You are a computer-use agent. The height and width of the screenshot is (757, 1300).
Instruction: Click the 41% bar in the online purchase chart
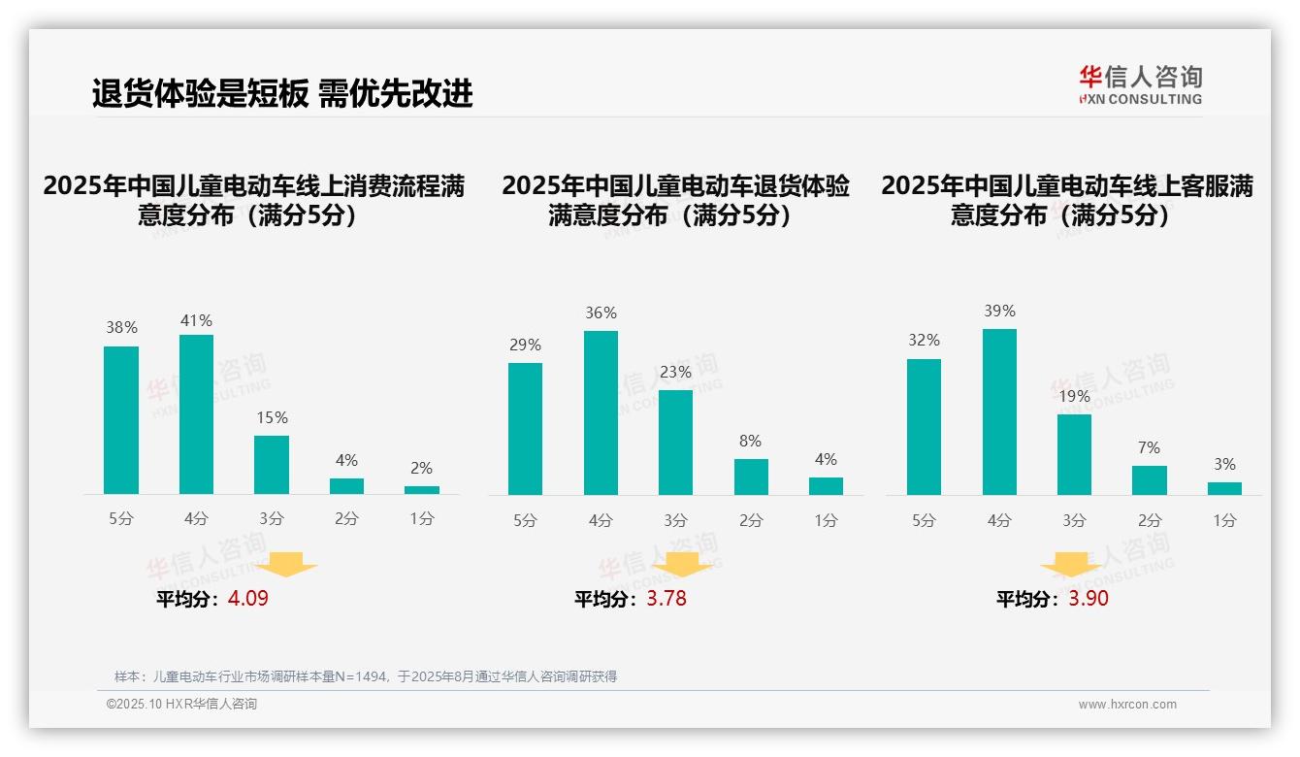[x=196, y=414]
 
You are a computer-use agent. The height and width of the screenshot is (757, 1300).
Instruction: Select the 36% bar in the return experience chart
[x=601, y=412]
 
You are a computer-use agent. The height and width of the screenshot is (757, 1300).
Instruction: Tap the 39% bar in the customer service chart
[x=999, y=411]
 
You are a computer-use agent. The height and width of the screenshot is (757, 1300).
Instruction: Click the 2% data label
[x=421, y=468]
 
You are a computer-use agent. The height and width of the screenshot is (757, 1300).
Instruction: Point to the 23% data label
[x=675, y=372]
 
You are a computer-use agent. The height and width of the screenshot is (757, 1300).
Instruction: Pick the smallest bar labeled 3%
[x=1224, y=488]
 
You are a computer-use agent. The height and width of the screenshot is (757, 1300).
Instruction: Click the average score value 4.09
[x=247, y=599]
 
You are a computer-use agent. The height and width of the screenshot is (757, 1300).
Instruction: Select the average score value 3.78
[x=666, y=599]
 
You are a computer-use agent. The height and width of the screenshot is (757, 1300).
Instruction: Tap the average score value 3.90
[x=1089, y=599]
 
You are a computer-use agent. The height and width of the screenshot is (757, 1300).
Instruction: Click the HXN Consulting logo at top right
[x=1140, y=84]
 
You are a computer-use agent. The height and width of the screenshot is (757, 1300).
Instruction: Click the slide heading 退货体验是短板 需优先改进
[x=282, y=93]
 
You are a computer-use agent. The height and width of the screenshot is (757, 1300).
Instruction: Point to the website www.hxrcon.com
[x=1126, y=705]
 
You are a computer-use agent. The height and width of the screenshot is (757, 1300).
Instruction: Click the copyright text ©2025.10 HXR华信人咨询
[x=181, y=705]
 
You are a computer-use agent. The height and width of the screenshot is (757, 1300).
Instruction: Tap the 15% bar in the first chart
[x=272, y=465]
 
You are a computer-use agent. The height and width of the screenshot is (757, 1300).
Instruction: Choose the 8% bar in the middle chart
[x=751, y=477]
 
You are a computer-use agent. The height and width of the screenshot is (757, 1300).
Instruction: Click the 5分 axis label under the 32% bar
[x=924, y=520]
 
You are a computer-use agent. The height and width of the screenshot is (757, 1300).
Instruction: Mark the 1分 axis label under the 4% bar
[x=826, y=520]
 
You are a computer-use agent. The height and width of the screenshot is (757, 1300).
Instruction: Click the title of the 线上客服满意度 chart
[x=1066, y=200]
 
